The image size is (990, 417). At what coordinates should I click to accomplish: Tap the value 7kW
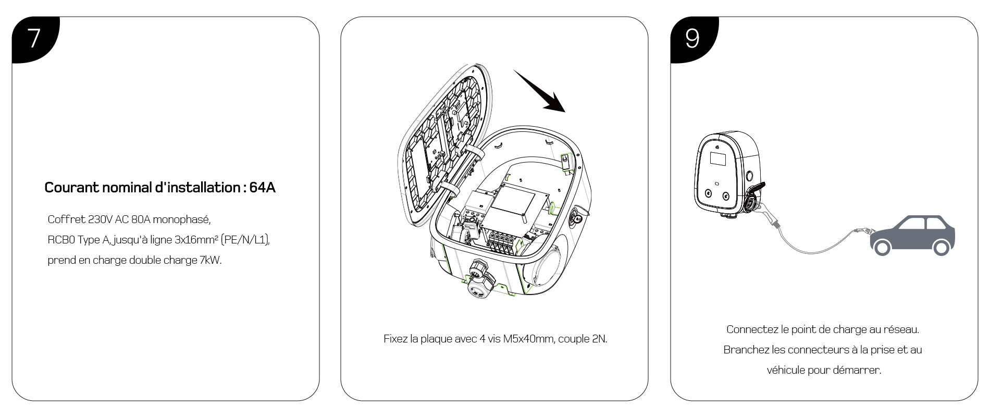click(211, 260)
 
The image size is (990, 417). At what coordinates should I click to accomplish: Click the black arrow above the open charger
click(540, 91)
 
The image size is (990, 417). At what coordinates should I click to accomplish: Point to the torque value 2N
click(599, 339)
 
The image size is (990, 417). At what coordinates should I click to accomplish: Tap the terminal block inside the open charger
click(500, 242)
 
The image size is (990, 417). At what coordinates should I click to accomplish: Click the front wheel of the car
click(882, 247)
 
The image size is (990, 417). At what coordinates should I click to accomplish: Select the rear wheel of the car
click(941, 247)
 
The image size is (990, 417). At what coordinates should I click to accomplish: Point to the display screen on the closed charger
click(719, 160)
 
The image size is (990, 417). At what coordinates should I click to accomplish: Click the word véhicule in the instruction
click(786, 370)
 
